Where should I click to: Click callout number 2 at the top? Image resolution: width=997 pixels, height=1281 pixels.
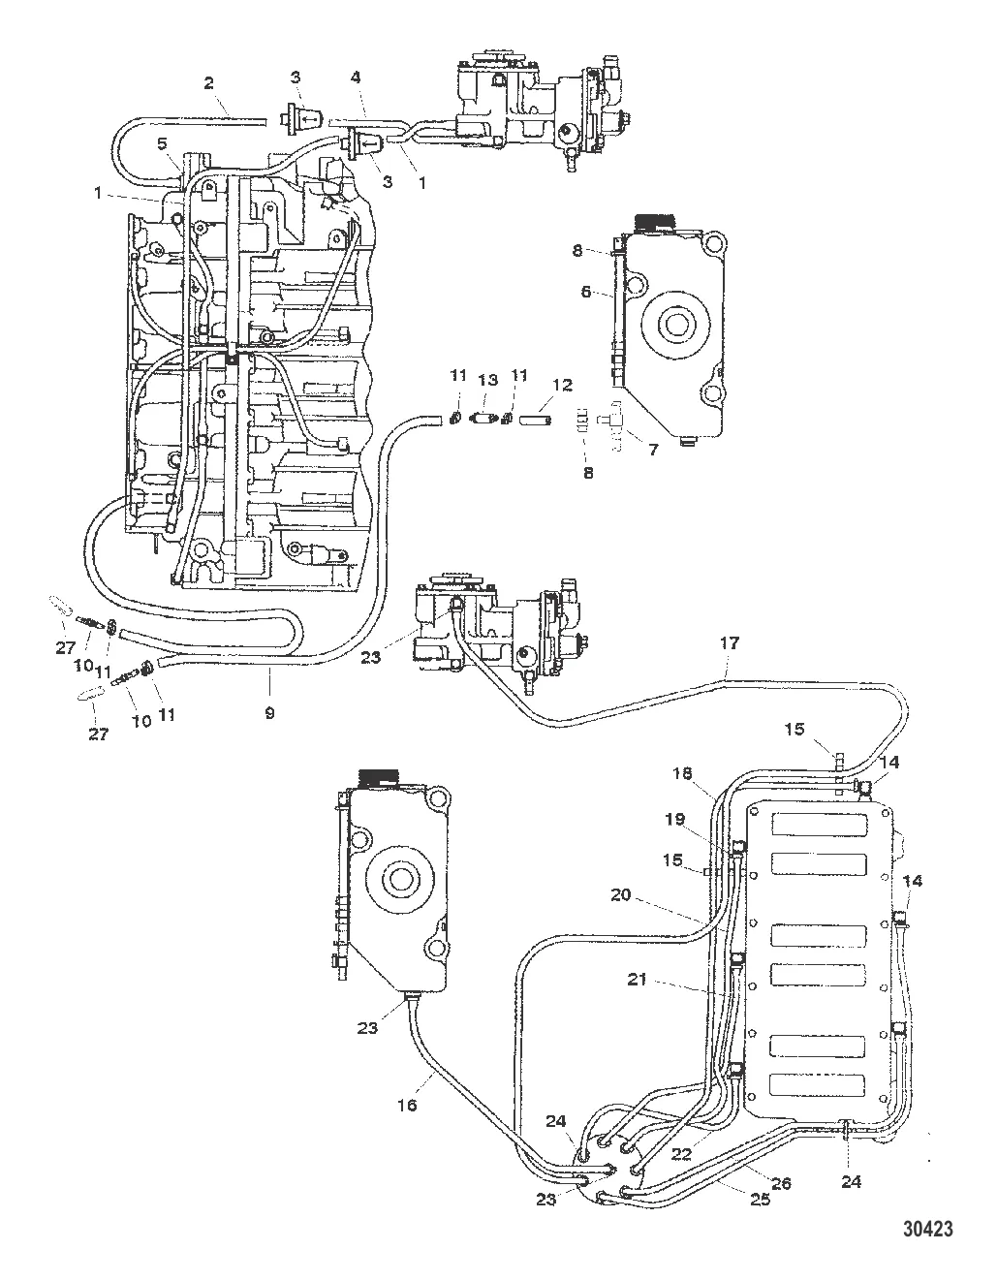coord(208,82)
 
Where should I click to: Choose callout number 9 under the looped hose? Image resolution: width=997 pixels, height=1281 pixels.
coord(268,713)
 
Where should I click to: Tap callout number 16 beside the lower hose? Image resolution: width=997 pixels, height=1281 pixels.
coord(408,1105)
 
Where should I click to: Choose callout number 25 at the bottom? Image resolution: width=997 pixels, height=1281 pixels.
coord(760,1200)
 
